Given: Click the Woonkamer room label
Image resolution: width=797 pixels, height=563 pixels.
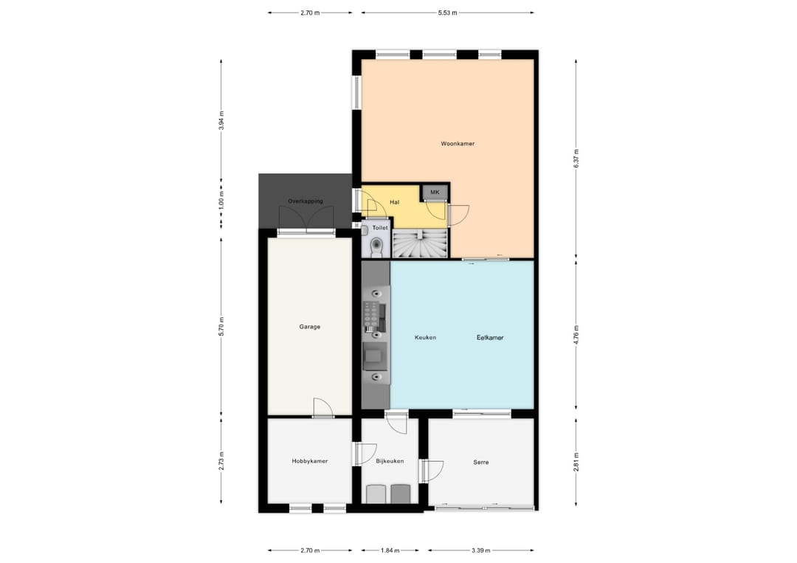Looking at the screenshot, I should pos(458,144).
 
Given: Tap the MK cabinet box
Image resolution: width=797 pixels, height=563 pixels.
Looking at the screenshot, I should pos(435,193).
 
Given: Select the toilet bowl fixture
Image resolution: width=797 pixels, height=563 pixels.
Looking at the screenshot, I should pos(378,244).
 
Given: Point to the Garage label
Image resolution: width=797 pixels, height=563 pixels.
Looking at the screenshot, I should pos(310,327).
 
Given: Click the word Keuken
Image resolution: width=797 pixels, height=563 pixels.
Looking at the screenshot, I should pos(425,338).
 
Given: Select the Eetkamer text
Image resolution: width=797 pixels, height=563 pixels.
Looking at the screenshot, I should pos(490,338).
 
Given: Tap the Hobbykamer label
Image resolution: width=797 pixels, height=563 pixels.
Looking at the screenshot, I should pos(310,461).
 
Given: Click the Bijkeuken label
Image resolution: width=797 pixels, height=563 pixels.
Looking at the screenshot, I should pos(390,461).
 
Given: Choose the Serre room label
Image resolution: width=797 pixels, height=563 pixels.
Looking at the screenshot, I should pos(481,463).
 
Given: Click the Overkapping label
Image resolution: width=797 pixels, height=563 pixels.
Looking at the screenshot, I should pos(306,201).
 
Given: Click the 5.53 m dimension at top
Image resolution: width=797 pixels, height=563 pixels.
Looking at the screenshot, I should pos(447,13).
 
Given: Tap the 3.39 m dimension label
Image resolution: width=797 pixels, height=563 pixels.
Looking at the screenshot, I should pos(480,550).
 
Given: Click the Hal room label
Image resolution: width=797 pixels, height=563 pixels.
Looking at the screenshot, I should pos(394,201).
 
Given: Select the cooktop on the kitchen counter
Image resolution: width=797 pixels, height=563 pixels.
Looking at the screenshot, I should pos(375,316).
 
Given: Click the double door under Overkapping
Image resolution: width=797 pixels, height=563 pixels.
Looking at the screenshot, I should pos(306,220).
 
